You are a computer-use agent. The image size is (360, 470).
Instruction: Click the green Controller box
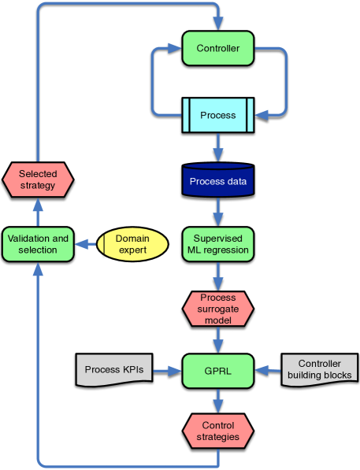pyautogui.click(x=218, y=49)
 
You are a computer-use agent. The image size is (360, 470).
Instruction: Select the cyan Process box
pyautogui.click(x=218, y=115)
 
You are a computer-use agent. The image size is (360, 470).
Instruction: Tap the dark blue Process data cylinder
pyautogui.click(x=218, y=180)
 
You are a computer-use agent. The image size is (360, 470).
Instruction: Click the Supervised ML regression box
pyautogui.click(x=218, y=244)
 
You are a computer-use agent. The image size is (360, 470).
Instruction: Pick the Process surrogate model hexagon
pyautogui.click(x=218, y=309)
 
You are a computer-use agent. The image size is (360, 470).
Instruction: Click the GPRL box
pyautogui.click(x=218, y=370)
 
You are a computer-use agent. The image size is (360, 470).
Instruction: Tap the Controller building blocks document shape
pyautogui.click(x=319, y=369)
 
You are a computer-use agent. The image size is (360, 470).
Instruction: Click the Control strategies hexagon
pyautogui.click(x=218, y=431)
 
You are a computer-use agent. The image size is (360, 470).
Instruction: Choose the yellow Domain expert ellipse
pyautogui.click(x=132, y=244)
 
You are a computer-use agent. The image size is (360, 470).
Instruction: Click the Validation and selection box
pyautogui.click(x=38, y=244)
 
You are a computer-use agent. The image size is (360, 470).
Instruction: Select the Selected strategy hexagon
pyautogui.click(x=38, y=180)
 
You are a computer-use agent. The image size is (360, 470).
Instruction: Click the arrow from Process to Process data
pyautogui.click(x=218, y=146)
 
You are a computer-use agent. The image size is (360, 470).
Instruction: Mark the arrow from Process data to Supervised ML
pyautogui.click(x=218, y=211)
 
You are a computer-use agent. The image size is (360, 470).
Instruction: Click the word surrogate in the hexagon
pyautogui.click(x=218, y=309)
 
